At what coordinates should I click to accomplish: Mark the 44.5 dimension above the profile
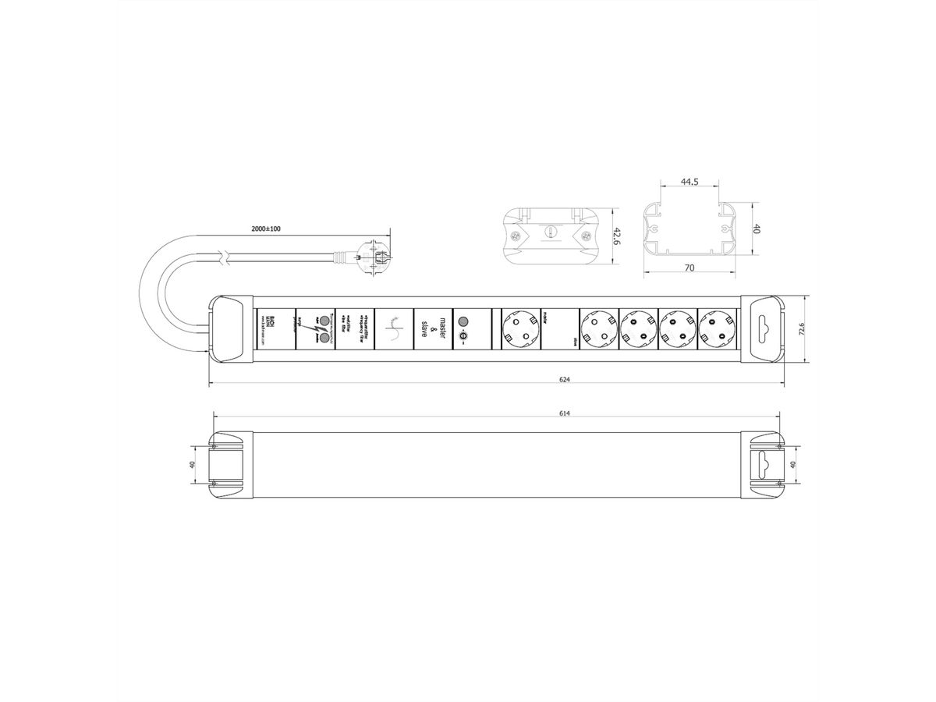coord(689,182)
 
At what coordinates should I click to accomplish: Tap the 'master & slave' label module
coord(432,328)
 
